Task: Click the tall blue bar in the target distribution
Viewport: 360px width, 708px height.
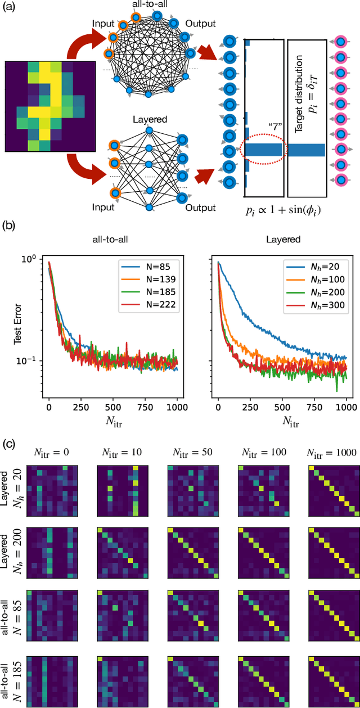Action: point(307,150)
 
